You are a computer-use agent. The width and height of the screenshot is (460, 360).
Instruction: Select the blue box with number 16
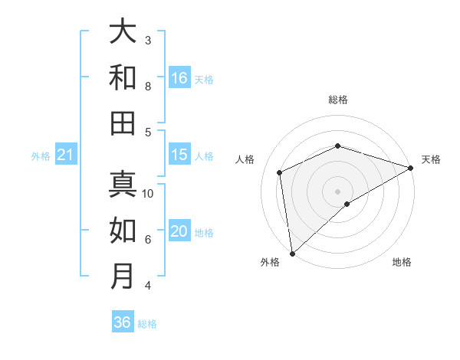(x=179, y=78)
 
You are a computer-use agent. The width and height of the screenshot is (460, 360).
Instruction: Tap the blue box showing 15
(x=179, y=155)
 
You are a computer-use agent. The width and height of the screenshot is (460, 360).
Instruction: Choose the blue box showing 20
(x=179, y=231)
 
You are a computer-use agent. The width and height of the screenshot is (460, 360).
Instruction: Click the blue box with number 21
(x=65, y=155)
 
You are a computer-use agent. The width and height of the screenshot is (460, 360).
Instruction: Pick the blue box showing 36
(x=123, y=322)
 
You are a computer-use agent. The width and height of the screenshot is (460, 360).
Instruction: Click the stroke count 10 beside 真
(x=148, y=193)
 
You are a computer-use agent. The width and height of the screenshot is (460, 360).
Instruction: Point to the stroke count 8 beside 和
(x=148, y=86)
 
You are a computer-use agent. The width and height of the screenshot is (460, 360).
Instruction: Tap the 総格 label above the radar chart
(x=338, y=100)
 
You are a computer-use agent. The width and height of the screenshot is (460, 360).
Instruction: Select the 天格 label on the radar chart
(x=431, y=159)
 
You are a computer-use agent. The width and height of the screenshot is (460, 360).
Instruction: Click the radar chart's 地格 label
(x=402, y=262)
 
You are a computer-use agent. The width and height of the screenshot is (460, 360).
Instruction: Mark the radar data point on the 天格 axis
(x=411, y=168)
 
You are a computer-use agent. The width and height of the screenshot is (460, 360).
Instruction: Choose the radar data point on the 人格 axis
(x=280, y=172)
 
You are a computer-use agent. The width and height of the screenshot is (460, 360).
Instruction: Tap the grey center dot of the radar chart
(x=338, y=191)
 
